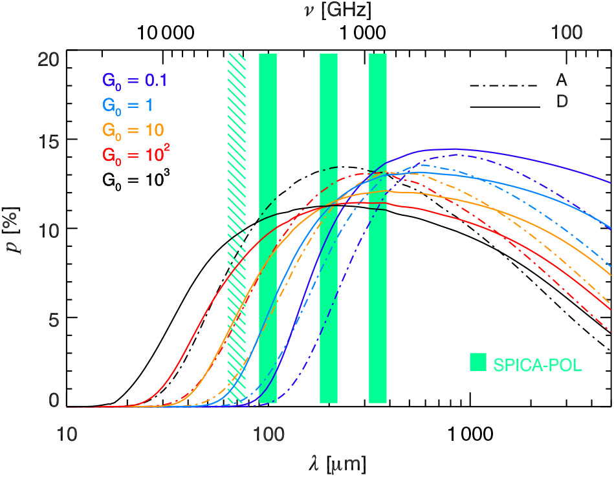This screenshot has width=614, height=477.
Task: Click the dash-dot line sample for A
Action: tap(505, 85)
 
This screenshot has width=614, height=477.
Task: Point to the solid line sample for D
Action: tap(505, 106)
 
